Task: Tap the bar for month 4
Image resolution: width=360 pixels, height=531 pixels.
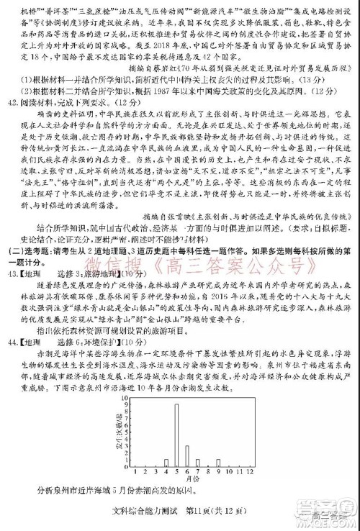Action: pos(166,463)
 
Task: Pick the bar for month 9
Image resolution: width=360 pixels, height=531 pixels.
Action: pos(218,463)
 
